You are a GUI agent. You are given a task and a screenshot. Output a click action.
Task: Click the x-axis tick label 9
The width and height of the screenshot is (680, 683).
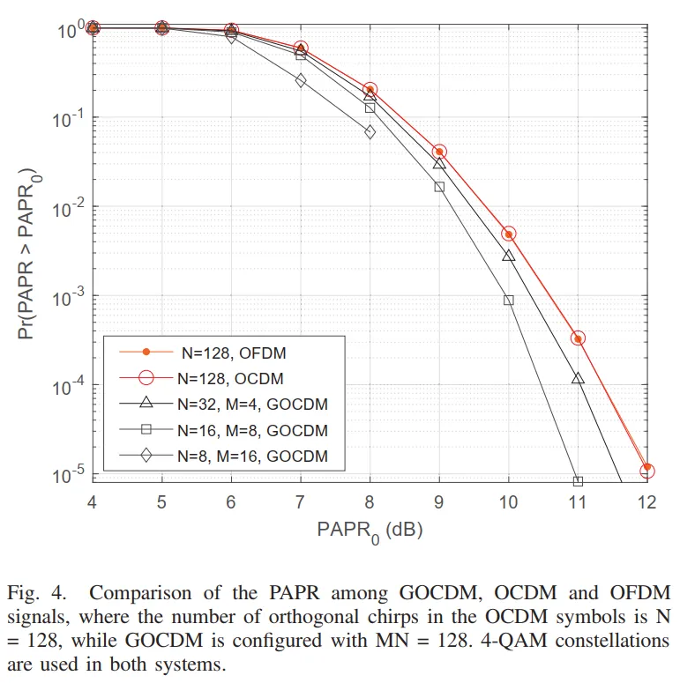(439, 502)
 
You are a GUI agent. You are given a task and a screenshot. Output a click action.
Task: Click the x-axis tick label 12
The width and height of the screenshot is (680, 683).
(647, 502)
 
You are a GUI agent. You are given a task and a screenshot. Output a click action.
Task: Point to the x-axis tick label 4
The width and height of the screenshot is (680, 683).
(92, 502)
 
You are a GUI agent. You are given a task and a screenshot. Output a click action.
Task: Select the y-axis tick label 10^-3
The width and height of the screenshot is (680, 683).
(68, 296)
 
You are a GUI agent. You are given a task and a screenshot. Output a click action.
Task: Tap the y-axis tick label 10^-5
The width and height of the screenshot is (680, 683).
(68, 475)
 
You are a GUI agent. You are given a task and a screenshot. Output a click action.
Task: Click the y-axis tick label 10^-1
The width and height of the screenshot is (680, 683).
(68, 117)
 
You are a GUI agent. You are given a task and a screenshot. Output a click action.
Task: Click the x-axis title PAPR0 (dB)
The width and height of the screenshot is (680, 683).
(370, 531)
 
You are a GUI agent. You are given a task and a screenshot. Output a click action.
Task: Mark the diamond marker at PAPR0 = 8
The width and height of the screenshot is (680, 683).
(370, 132)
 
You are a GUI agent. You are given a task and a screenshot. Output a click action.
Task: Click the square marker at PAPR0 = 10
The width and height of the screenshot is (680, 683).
(509, 300)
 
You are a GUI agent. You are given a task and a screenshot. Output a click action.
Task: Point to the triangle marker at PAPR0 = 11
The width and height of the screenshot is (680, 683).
(578, 378)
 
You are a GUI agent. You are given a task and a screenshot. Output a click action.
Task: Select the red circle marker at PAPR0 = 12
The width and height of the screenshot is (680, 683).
(647, 471)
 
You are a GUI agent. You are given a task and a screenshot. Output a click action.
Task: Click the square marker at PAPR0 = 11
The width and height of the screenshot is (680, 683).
(578, 481)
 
